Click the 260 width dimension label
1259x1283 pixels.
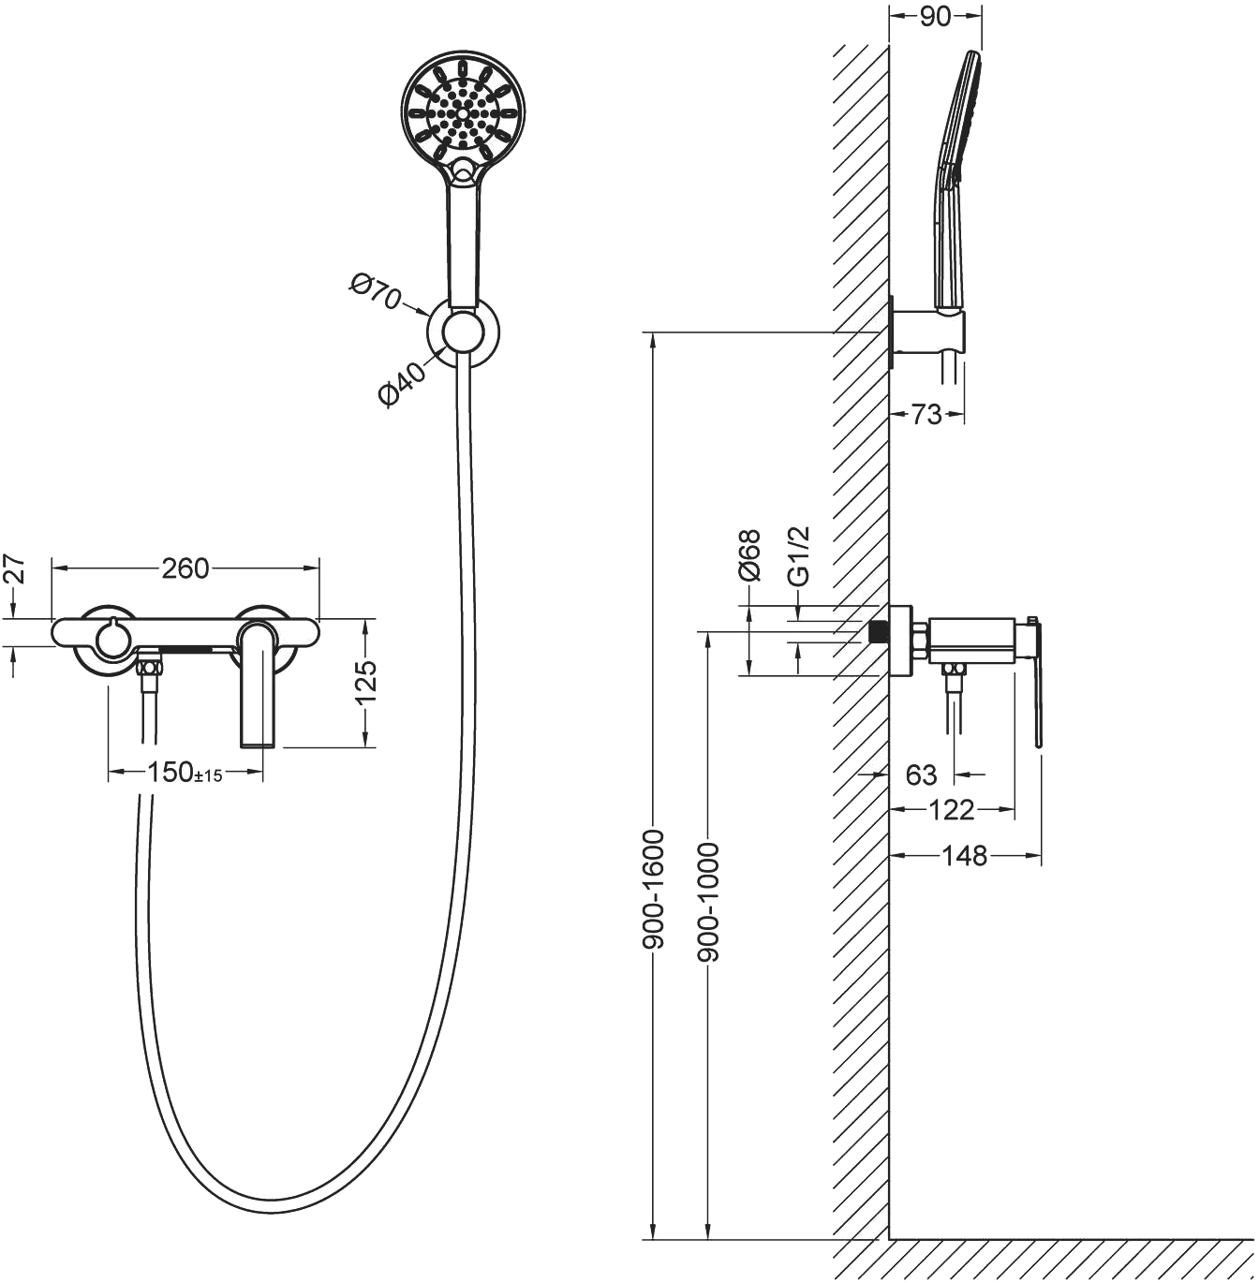[x=185, y=568]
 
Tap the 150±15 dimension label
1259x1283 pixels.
[x=185, y=773]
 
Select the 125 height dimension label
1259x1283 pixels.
[x=365, y=682]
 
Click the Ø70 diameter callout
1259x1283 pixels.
[x=375, y=292]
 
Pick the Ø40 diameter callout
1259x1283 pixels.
[x=401, y=385]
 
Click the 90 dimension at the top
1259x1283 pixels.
[x=935, y=17]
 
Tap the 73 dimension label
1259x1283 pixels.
[x=926, y=415]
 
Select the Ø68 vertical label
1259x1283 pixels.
[x=749, y=554]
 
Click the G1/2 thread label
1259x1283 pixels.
[x=798, y=556]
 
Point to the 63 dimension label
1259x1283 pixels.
[x=922, y=774]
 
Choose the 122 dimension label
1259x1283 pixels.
[x=951, y=810]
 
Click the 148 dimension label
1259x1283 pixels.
[x=965, y=856]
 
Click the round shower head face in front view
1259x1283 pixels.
[x=463, y=112]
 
